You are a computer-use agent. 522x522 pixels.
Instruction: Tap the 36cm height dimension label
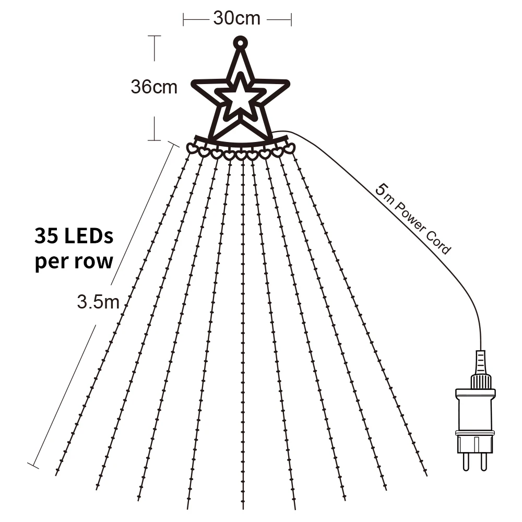click(154, 87)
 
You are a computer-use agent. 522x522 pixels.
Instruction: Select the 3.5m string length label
click(98, 302)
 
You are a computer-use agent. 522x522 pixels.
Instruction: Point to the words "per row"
click(74, 262)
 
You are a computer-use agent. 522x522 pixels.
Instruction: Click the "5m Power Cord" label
click(413, 219)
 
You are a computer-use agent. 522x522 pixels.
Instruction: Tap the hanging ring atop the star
click(240, 43)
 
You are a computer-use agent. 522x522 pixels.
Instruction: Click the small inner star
click(240, 97)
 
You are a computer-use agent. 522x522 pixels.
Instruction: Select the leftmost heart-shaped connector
click(192, 148)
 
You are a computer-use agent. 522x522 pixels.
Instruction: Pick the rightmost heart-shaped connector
click(290, 148)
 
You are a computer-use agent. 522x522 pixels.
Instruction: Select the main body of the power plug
click(475, 420)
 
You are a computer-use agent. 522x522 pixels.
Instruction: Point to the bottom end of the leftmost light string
click(56, 474)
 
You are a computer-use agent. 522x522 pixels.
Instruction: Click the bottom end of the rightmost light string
click(426, 475)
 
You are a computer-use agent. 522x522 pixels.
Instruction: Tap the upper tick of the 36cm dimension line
click(154, 36)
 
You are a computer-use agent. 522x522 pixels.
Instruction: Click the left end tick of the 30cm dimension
click(183, 20)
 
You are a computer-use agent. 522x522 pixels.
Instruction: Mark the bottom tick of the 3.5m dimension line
click(33, 466)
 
